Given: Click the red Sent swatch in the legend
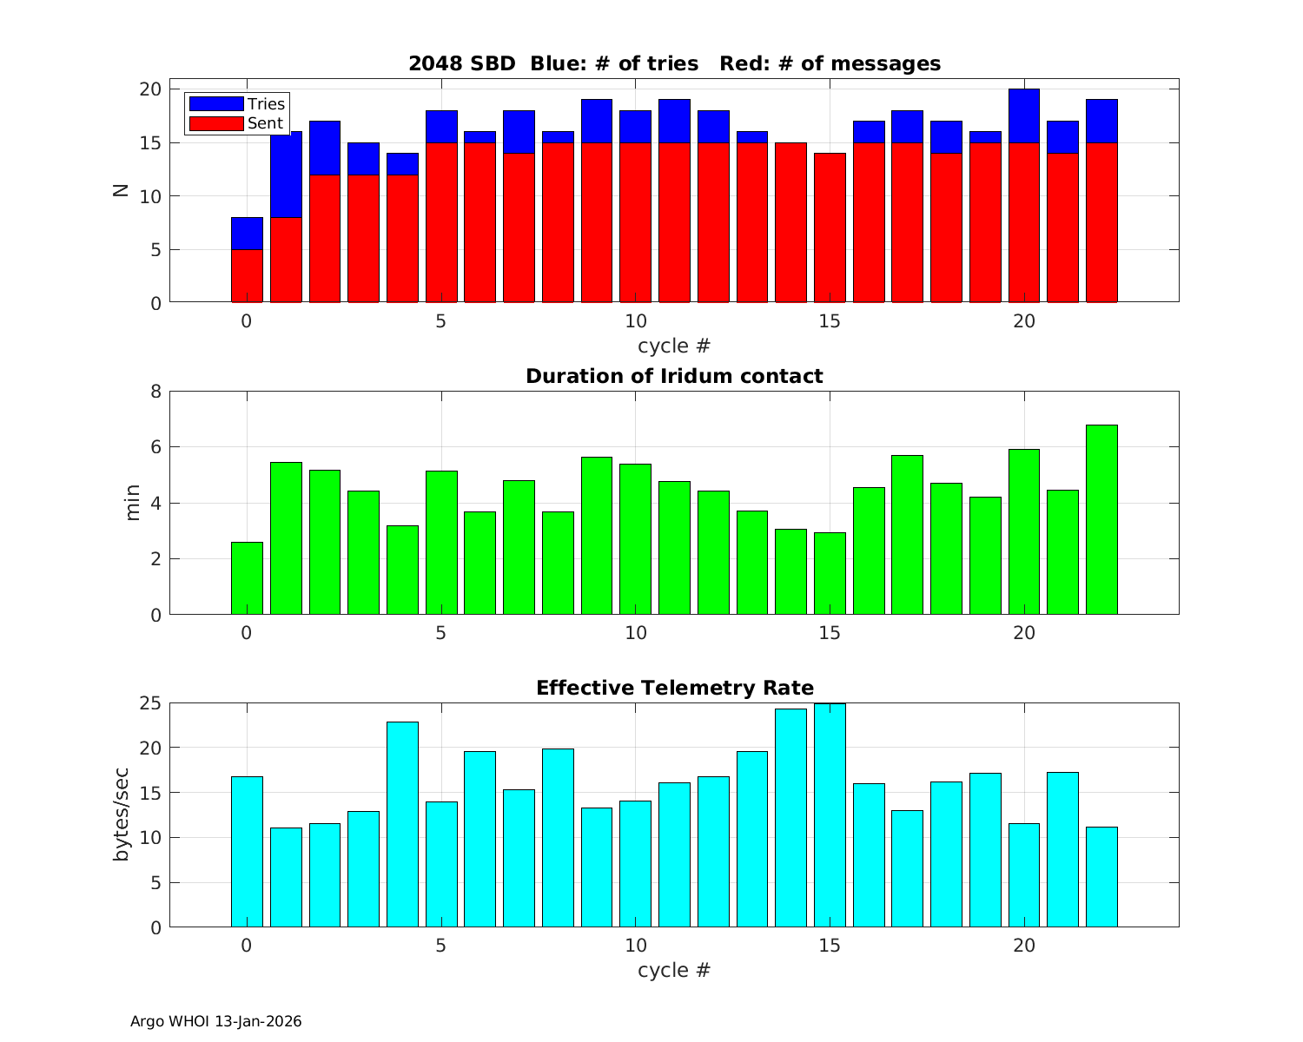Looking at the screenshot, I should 215,123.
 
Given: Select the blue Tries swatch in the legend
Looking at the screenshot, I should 215,104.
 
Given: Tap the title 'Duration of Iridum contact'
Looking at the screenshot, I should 674,377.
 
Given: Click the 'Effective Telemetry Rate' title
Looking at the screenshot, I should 674,689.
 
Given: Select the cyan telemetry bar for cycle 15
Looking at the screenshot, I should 830,815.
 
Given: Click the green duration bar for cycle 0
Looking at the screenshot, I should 247,578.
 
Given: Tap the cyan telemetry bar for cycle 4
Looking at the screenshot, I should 402,824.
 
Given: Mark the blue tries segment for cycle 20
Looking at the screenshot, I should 1024,116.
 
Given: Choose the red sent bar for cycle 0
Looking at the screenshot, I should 247,276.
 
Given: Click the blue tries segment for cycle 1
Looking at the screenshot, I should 286,175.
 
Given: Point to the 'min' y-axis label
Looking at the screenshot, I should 133,503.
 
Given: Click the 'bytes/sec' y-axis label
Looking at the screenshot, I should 122,814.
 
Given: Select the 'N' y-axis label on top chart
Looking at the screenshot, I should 121,190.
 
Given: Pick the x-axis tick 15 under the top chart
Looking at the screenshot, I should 830,321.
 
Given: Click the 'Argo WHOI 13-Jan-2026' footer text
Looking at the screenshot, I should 215,1022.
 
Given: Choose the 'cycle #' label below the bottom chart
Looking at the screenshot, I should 674,971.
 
